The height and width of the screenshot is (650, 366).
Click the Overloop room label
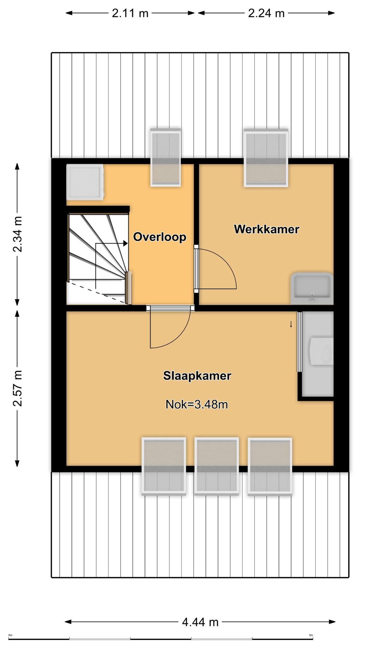[x=160, y=237]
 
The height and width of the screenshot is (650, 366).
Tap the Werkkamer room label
[x=267, y=229]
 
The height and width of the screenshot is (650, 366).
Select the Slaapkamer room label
[x=197, y=376]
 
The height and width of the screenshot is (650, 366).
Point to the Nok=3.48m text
[x=197, y=404]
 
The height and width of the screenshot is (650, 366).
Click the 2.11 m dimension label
[x=130, y=13]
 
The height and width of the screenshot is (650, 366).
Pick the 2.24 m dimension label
[x=266, y=13]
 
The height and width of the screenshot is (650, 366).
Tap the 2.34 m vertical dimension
[x=17, y=234]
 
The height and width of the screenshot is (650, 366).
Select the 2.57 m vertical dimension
[x=17, y=388]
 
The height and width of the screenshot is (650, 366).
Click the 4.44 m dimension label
[x=200, y=622]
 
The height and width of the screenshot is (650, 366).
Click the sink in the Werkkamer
[x=312, y=288]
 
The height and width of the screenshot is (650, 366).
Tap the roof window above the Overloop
[x=165, y=157]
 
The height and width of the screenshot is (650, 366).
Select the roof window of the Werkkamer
[x=266, y=158]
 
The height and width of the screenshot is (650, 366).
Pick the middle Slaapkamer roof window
[x=217, y=466]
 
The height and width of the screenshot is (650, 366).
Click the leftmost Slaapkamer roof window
[x=164, y=467]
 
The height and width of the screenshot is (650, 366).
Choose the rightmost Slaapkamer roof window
[x=270, y=467]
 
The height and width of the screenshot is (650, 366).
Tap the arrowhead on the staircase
[x=125, y=243]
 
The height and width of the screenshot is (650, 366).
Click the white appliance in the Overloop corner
[x=85, y=182]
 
